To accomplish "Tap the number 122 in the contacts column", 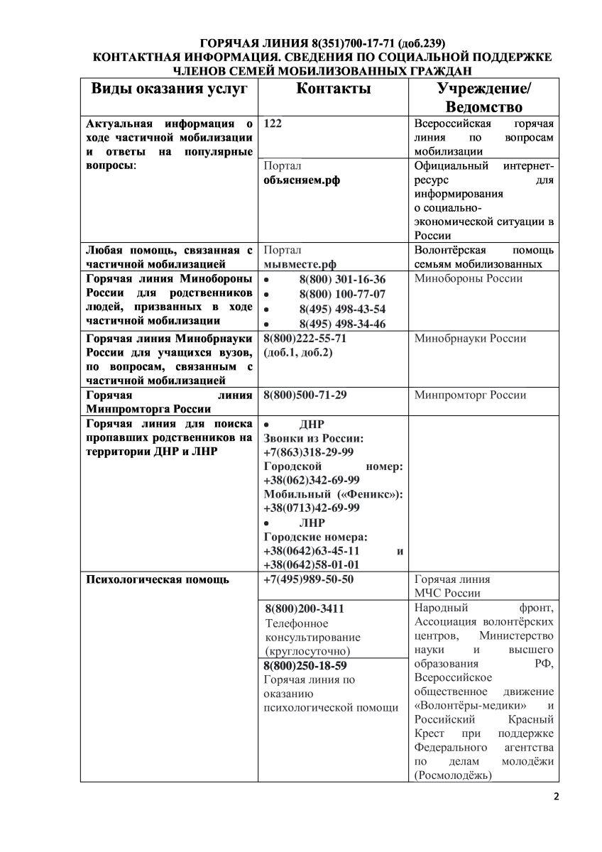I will click(x=273, y=123).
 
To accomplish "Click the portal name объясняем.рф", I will click(x=302, y=180).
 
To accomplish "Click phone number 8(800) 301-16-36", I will click(x=342, y=279).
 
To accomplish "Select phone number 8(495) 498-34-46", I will click(x=342, y=324).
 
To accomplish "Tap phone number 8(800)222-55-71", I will click(x=305, y=339).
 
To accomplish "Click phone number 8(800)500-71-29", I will click(x=305, y=395).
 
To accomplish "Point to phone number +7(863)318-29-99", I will click(x=308, y=452).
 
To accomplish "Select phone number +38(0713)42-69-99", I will click(x=311, y=508).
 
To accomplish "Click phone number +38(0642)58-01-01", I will click(x=311, y=564).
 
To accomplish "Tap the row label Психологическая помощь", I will click(x=157, y=579).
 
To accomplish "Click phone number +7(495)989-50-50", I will click(x=308, y=579).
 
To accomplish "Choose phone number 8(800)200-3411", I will click(x=305, y=609).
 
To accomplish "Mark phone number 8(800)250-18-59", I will click(x=305, y=665).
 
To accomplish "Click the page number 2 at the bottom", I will click(x=556, y=796).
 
